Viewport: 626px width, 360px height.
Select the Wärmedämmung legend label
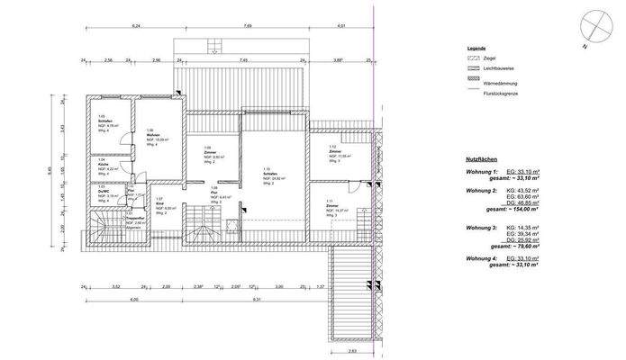coord(499,80)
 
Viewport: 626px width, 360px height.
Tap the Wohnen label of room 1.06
coord(151,135)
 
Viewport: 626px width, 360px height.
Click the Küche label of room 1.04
coord(103,165)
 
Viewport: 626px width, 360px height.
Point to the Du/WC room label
coord(104,192)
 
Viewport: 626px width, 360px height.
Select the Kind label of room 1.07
coord(159,202)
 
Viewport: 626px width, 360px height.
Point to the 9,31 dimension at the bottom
coord(257,299)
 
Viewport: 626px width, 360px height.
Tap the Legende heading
coord(476,47)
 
